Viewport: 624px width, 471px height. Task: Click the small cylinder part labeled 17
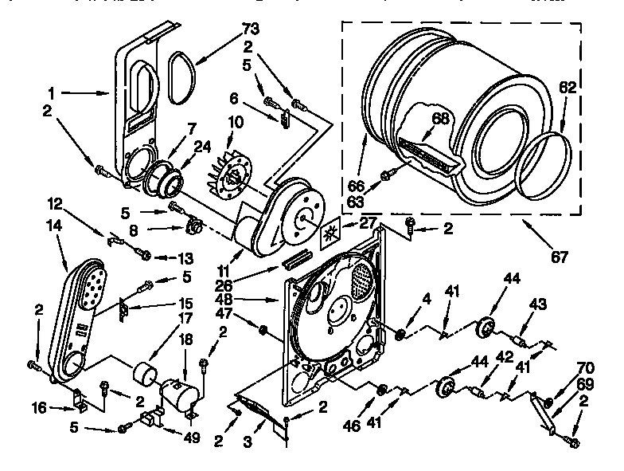click(x=146, y=372)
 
